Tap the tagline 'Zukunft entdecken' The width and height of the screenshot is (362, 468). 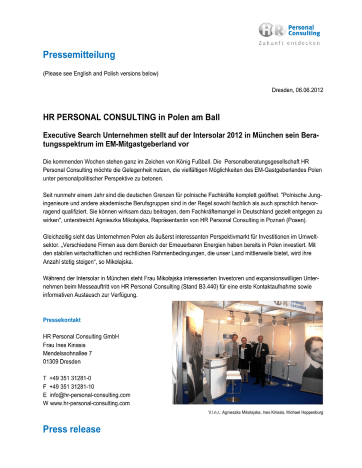289,43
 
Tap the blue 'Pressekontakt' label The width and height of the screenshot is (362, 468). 61,320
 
